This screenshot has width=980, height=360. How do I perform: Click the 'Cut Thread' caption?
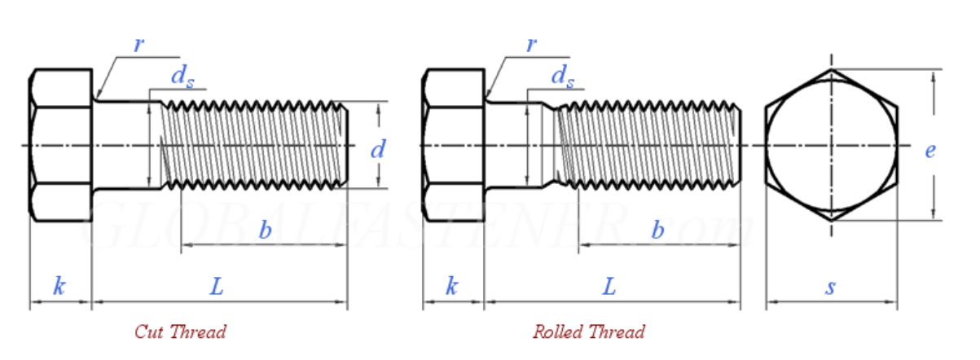coord(180,331)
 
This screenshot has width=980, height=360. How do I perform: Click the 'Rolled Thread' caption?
coord(588,331)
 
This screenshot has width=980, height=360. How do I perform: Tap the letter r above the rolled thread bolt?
coord(531,44)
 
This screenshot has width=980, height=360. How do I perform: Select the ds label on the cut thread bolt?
coord(180,76)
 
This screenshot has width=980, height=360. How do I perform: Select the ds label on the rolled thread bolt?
coord(562,76)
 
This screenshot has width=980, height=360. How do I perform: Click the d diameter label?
coord(377,150)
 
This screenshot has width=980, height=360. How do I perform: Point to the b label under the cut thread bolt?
coord(265,230)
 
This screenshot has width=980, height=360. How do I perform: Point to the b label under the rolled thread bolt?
coord(657,230)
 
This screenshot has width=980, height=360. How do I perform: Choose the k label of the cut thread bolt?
coord(59,286)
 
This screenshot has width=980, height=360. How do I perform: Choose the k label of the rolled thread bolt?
coord(452,286)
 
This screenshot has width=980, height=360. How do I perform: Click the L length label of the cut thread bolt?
coord(217,286)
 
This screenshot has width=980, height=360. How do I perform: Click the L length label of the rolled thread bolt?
coord(609,286)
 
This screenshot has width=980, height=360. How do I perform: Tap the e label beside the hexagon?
coord(929,150)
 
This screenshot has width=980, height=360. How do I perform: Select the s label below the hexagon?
coord(831,286)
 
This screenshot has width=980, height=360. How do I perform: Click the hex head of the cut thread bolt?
coord(60,145)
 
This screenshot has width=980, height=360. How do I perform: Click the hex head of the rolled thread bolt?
coord(453,145)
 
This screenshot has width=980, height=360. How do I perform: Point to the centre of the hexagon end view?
coord(832,146)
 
